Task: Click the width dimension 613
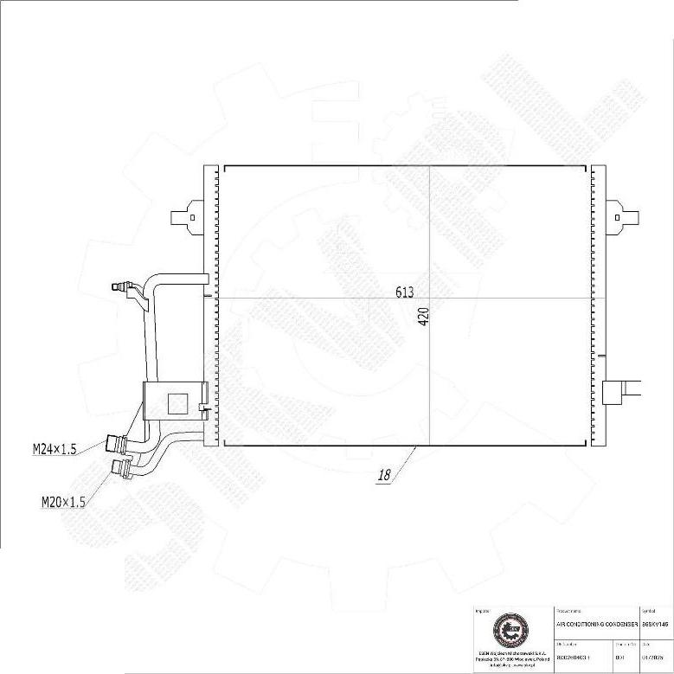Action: point(405,292)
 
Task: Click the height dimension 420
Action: point(423,318)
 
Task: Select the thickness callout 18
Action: point(385,474)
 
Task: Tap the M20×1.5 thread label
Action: point(63,501)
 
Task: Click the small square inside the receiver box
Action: point(177,402)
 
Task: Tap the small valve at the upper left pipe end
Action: point(120,286)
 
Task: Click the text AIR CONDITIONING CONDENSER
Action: point(597,623)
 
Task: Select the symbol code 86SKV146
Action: point(656,623)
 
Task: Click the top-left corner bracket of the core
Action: point(226,168)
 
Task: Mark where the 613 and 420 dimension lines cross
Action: point(430,298)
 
